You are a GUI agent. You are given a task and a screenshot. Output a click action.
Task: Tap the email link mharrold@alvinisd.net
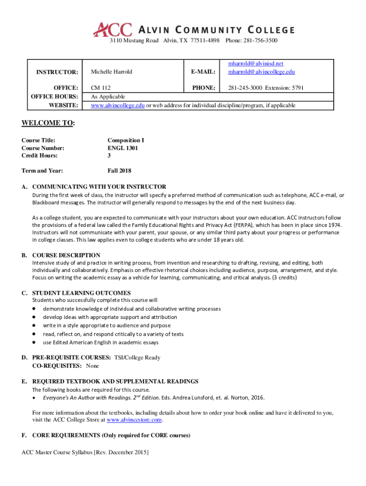(x=255, y=64)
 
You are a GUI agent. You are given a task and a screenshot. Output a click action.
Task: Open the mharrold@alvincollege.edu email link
(x=261, y=72)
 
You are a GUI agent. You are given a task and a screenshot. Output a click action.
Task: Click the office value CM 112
(x=100, y=88)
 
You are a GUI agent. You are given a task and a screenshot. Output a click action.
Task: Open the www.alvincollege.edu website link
(x=117, y=105)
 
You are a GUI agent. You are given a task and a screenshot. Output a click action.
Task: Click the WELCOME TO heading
(x=48, y=123)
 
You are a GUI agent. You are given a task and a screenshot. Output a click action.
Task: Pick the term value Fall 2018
(x=119, y=171)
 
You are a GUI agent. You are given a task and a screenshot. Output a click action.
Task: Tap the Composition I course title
(x=125, y=140)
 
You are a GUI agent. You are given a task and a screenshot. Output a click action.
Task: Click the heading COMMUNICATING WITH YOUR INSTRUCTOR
(x=99, y=187)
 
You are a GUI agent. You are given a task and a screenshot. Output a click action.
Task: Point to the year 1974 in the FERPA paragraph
(x=334, y=224)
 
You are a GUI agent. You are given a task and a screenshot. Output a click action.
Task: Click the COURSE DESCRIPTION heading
(x=66, y=255)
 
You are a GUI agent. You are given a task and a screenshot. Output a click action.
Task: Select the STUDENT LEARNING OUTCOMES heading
(x=81, y=293)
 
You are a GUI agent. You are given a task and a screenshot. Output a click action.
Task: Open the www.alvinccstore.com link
(x=135, y=420)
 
